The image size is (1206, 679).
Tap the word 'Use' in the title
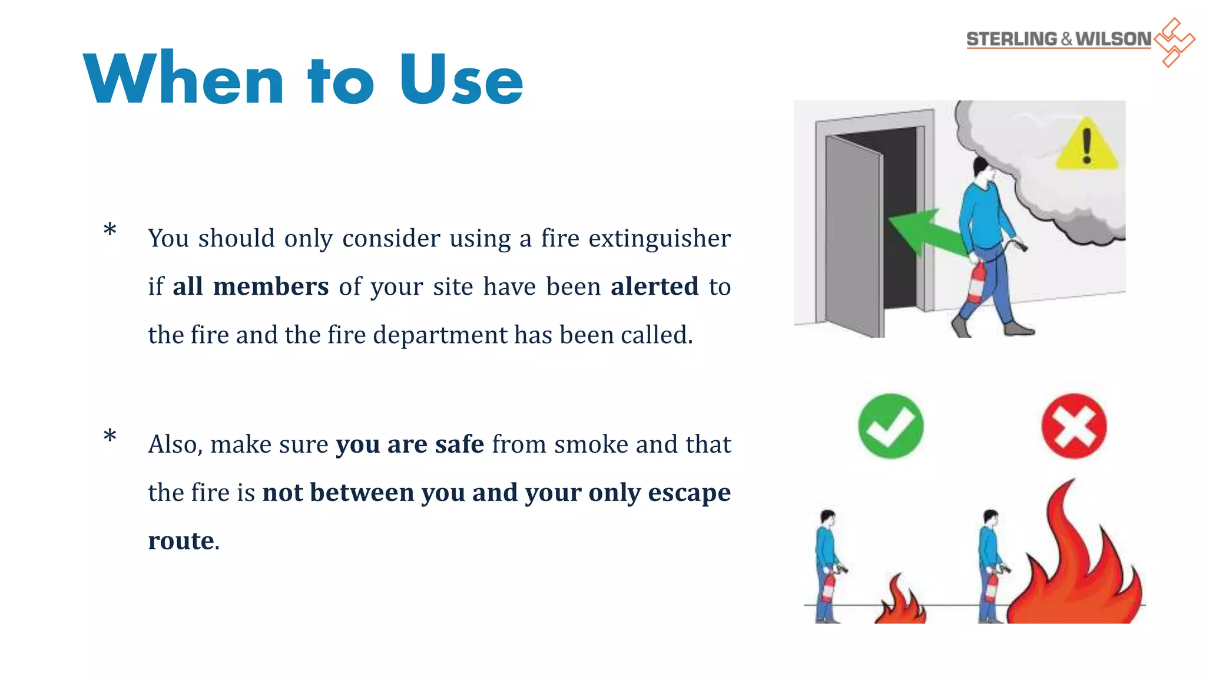461,80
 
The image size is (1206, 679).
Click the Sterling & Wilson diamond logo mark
1174,42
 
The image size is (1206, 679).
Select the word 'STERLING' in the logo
1011,39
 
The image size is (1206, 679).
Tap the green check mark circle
890,426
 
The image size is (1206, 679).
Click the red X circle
1074,426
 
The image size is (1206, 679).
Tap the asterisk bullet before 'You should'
110,230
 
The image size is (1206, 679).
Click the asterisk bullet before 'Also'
110,436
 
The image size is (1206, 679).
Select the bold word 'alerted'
654,286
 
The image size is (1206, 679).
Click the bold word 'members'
270,286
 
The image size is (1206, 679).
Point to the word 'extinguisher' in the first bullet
659,239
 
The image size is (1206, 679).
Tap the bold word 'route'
181,540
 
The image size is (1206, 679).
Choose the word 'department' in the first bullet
439,335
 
